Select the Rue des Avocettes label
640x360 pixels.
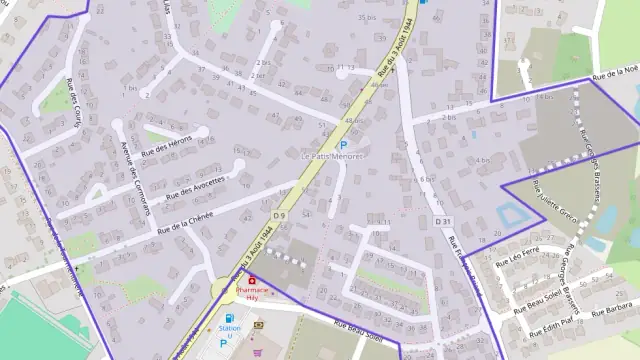[x=196, y=183]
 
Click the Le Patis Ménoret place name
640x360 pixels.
[x=333, y=156]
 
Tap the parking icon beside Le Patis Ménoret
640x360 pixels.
[x=343, y=144]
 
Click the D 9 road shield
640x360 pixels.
[x=279, y=215]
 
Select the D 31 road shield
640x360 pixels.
[x=443, y=221]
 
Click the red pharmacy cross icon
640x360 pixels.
[x=251, y=281]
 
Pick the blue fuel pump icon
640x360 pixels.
[x=233, y=317]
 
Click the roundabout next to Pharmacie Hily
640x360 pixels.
[x=223, y=291]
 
